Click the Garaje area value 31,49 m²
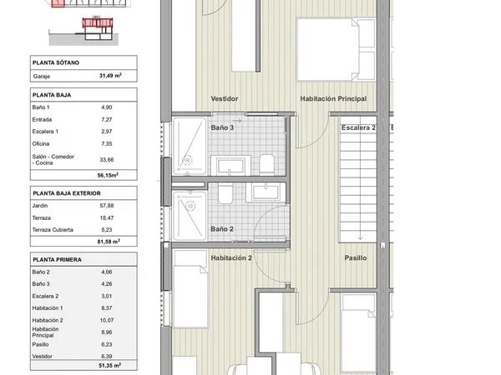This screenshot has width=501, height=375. [x=110, y=76]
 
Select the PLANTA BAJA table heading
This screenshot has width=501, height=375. [x=52, y=95]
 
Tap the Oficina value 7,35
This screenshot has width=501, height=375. [x=107, y=144]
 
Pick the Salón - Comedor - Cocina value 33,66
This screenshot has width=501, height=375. [x=107, y=160]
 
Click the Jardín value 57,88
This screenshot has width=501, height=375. [x=107, y=206]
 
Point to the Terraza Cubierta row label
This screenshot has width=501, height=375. [x=53, y=230]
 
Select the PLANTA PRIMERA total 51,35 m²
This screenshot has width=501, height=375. [x=109, y=366]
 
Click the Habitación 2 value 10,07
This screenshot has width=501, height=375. [x=107, y=320]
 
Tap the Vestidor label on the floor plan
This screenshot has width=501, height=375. [x=225, y=99]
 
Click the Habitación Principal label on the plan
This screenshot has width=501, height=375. [x=333, y=99]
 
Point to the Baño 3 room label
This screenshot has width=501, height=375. [x=222, y=127]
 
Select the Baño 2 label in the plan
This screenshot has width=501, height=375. [x=222, y=229]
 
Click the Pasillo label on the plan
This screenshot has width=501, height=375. [x=356, y=258]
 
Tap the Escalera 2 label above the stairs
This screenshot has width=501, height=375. [x=358, y=127]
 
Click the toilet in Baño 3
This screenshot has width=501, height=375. [x=267, y=164]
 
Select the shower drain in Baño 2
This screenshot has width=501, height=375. [x=190, y=207]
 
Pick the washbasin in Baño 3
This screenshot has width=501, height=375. [x=230, y=166]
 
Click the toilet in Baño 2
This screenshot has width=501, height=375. [x=225, y=194]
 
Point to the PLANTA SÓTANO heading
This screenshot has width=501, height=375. [x=56, y=62]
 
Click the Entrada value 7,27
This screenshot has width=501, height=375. [x=107, y=119]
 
